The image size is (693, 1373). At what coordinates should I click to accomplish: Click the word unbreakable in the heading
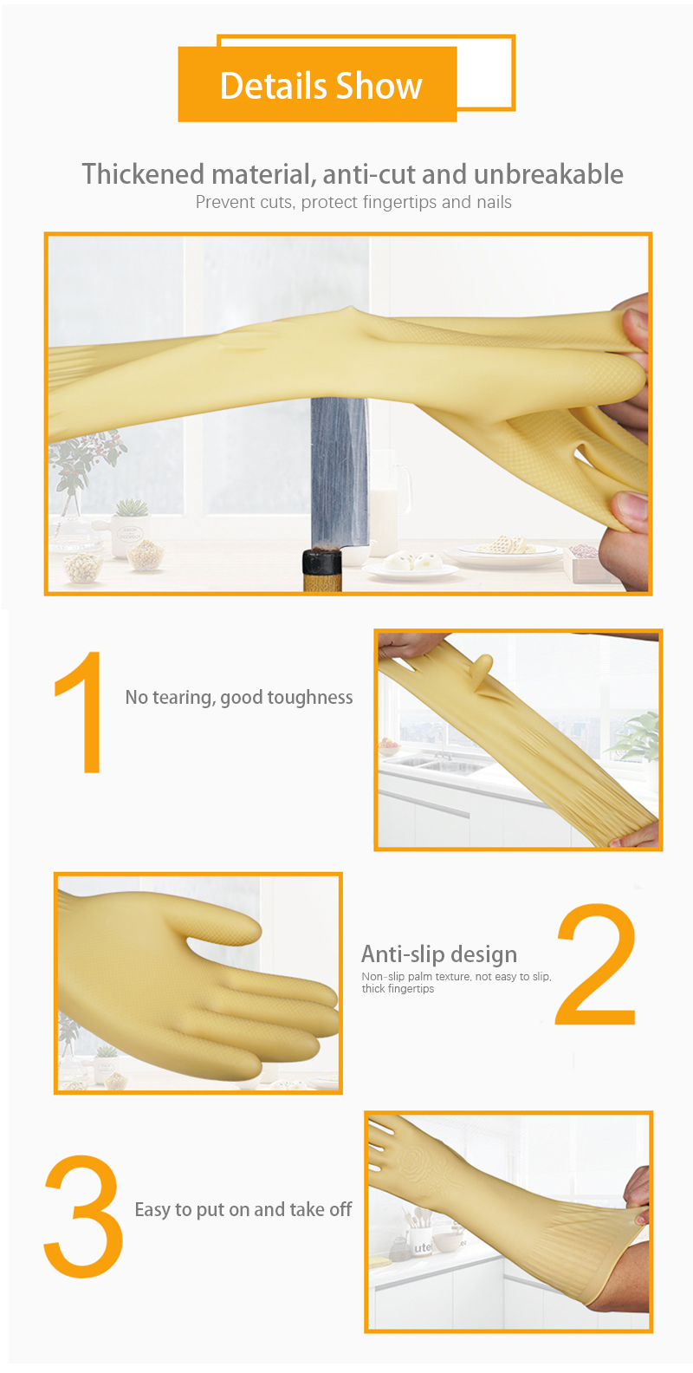pyautogui.click(x=548, y=175)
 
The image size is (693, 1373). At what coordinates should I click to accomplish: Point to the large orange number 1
pyautogui.click(x=81, y=712)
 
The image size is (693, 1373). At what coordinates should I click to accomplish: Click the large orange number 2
pyautogui.click(x=595, y=964)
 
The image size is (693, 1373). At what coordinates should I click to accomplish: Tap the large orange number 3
pyautogui.click(x=83, y=1217)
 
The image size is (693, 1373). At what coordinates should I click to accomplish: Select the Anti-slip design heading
pyautogui.click(x=439, y=954)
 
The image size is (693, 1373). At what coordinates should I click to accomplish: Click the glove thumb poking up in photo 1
pyautogui.click(x=483, y=668)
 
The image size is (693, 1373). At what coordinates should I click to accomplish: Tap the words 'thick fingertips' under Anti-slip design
pyautogui.click(x=398, y=989)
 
